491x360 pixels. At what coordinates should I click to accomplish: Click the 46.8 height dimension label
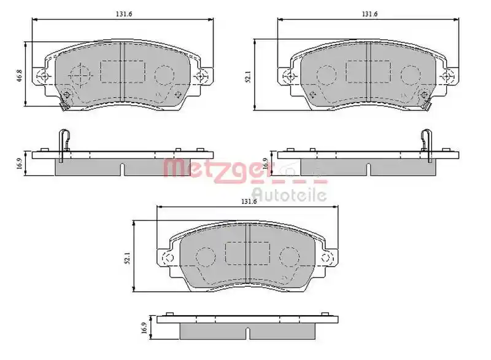tap(20, 76)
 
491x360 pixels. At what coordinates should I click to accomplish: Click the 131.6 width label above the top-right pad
tap(370, 14)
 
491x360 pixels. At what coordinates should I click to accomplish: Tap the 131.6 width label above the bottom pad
tap(249, 202)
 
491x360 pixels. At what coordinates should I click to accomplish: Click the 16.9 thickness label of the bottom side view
tap(144, 327)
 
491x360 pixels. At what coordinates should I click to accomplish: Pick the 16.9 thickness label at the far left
tap(20, 163)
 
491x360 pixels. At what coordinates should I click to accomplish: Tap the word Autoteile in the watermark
tap(290, 194)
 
